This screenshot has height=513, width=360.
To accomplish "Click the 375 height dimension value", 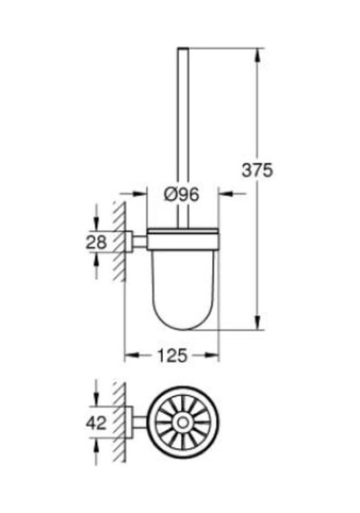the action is pos(256,170).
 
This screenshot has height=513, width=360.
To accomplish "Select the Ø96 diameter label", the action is pos(181,195).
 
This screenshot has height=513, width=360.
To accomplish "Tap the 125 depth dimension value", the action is pos(172,355).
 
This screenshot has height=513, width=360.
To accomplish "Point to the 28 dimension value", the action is pos(96,242).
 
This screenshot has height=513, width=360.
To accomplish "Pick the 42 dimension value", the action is pos(96,423).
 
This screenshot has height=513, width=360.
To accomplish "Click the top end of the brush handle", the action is pos(184,49).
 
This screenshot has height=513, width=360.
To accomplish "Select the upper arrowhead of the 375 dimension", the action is pos(258,55).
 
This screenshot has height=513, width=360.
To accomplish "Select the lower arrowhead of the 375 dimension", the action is pos(258,323).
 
